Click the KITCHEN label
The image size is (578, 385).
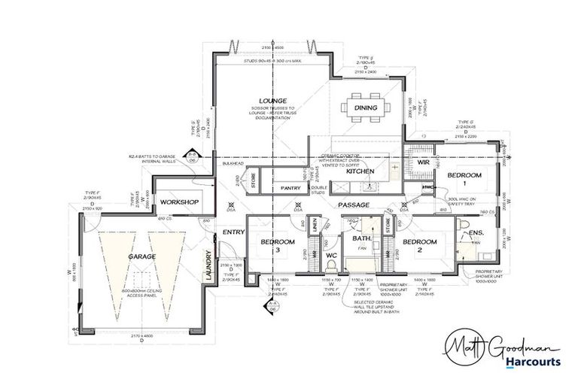pos(360,171)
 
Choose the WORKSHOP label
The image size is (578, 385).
pos(179,202)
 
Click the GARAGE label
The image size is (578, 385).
pos(141,257)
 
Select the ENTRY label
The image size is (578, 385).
pos(234,232)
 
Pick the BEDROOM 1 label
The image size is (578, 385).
pos(464,179)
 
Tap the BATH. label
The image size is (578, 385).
pos(362,238)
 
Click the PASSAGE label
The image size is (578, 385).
pos(354,204)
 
